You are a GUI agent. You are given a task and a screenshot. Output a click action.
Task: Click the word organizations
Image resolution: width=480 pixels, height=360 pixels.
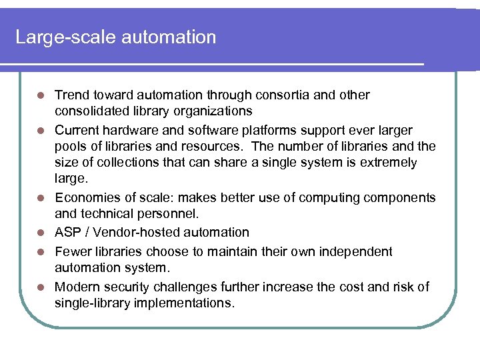click(x=214, y=111)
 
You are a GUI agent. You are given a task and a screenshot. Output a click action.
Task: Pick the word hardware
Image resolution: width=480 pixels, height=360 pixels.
click(x=133, y=129)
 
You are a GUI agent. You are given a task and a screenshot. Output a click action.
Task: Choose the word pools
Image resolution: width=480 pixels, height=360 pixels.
click(x=71, y=146)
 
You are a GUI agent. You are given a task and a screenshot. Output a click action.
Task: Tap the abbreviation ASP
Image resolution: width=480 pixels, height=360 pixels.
click(x=68, y=232)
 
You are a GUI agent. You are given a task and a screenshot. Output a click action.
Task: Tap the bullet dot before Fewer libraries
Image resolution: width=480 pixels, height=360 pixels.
click(x=41, y=252)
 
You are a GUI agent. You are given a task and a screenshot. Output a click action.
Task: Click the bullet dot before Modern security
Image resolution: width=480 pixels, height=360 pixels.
click(x=41, y=287)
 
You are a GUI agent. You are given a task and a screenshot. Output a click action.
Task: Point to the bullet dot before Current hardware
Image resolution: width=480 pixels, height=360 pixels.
click(x=41, y=130)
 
